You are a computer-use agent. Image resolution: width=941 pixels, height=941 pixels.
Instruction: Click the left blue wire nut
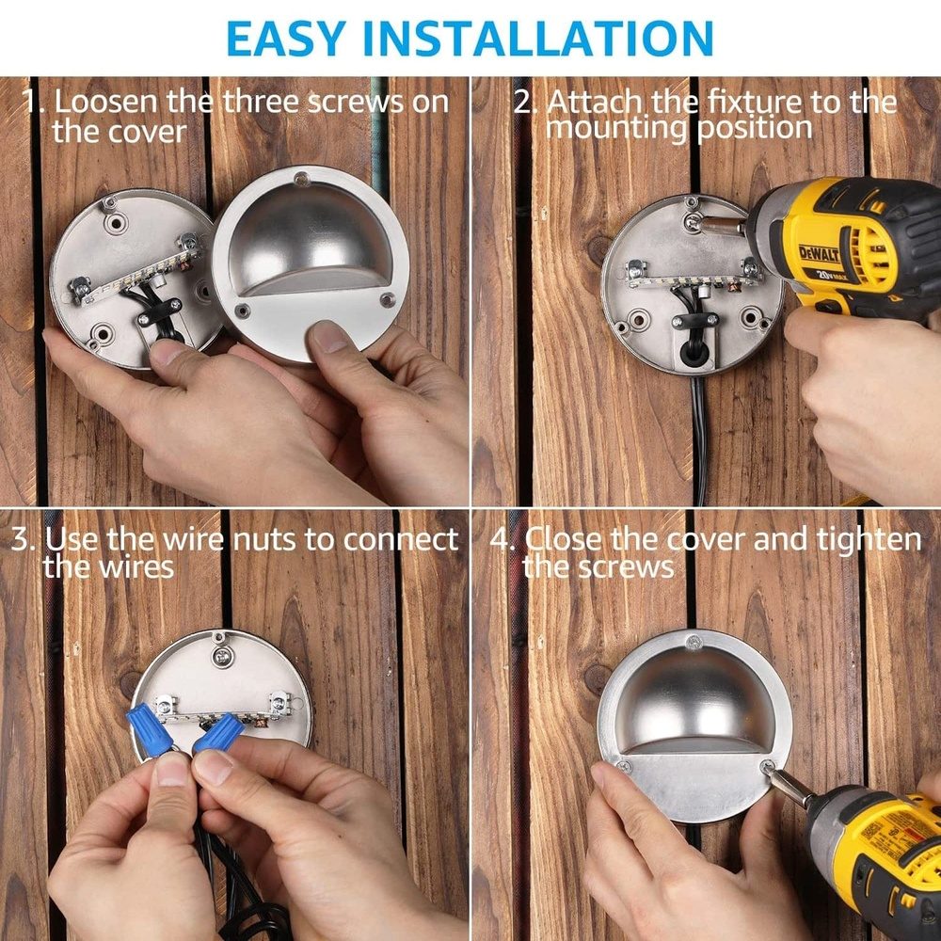pyautogui.click(x=150, y=730)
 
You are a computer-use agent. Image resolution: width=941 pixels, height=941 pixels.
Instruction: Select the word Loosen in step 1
pyautogui.click(x=112, y=102)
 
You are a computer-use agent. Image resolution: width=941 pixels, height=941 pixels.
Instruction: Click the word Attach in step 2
pyautogui.click(x=593, y=101)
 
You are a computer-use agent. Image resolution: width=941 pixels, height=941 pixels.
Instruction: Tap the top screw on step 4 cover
pyautogui.click(x=692, y=643)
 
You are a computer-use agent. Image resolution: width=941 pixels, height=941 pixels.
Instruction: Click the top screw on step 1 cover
pyautogui.click(x=299, y=178)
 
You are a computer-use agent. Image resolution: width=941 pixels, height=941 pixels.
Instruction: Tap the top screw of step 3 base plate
pyautogui.click(x=220, y=647)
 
